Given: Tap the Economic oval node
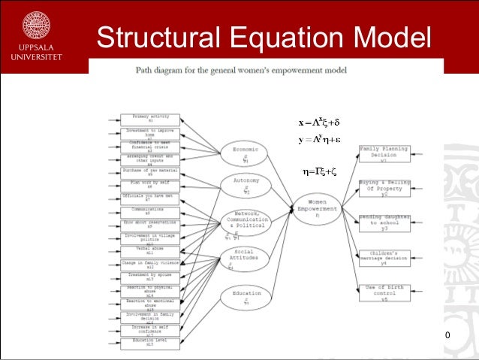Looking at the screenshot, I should [245, 153].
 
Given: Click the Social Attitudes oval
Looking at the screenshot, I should [245, 256].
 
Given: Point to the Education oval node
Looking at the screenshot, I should [245, 296].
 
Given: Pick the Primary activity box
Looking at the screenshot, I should [150, 119].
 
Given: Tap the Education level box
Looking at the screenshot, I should [150, 343].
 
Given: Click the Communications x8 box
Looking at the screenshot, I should [150, 211].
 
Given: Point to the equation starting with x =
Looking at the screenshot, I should [319, 122].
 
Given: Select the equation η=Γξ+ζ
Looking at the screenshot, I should [319, 171].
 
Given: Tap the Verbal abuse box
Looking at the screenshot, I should [150, 250].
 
